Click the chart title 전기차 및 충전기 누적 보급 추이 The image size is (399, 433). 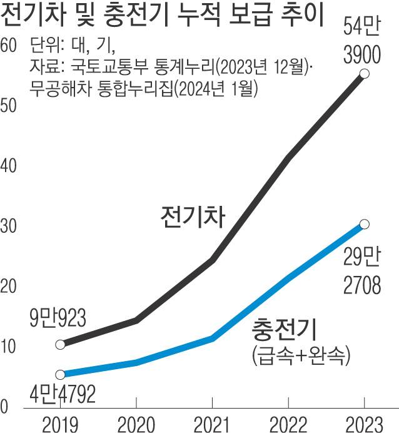click(x=163, y=16)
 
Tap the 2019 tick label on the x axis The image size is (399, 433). click(x=60, y=424)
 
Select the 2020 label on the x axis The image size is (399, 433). click(x=136, y=424)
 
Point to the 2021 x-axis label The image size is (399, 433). click(x=213, y=424)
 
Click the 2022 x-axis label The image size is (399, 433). click(x=288, y=424)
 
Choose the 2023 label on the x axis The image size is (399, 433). click(x=365, y=424)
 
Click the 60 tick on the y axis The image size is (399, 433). click(x=9, y=46)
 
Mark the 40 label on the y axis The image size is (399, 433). click(x=9, y=166)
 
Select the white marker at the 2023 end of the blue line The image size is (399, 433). click(x=365, y=224)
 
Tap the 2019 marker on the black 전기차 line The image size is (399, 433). click(x=60, y=344)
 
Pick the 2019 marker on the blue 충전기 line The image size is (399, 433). click(x=60, y=375)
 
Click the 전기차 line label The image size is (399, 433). click(x=192, y=216)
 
